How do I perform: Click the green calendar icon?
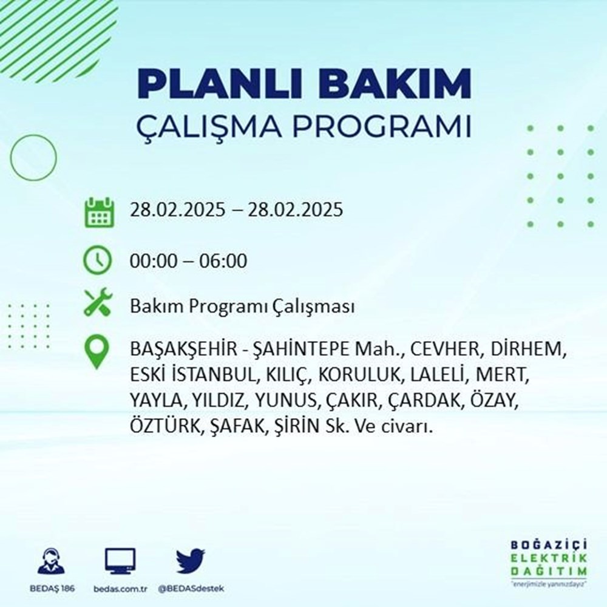click(x=98, y=211)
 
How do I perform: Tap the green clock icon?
click(x=98, y=261)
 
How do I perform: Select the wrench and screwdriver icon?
click(x=98, y=302)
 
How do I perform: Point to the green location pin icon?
click(x=98, y=353)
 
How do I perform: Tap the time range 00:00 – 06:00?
click(x=188, y=262)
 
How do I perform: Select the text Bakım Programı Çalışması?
click(x=242, y=307)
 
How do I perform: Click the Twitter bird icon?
click(x=191, y=561)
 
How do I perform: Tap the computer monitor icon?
click(x=120, y=561)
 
